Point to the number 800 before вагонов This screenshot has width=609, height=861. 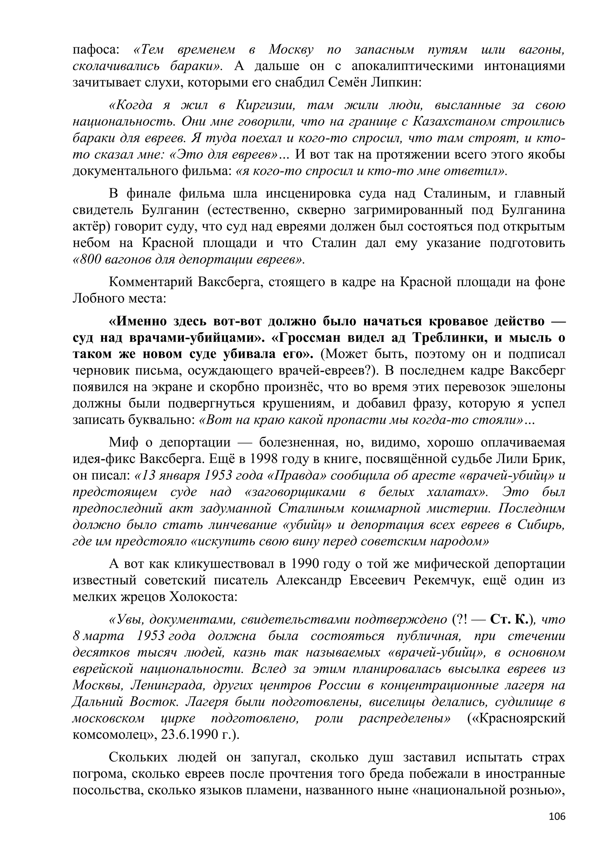click(87, 260)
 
